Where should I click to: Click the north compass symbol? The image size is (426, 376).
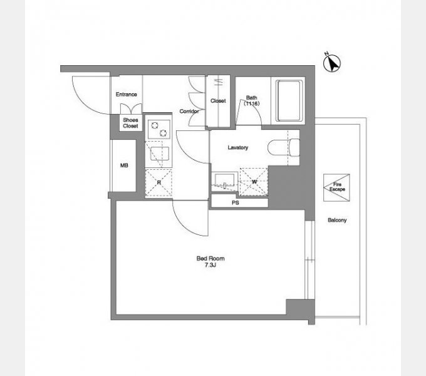click(332, 63)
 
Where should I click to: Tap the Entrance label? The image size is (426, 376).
click(126, 95)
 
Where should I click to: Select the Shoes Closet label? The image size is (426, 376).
click(130, 123)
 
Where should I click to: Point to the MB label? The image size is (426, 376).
click(124, 165)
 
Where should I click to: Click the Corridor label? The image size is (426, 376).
click(189, 112)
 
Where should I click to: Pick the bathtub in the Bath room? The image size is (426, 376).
click(289, 100)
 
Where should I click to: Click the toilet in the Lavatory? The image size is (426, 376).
click(284, 147)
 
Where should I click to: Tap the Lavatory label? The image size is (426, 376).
click(238, 147)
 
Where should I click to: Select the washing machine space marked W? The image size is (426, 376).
click(254, 182)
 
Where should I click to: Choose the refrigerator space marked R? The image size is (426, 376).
click(158, 182)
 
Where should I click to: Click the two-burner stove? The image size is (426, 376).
click(159, 129)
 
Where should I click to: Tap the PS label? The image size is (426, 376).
click(236, 202)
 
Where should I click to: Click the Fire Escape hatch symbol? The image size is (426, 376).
click(336, 187)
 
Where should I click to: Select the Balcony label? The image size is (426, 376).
click(337, 220)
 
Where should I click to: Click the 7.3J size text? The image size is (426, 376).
click(210, 265)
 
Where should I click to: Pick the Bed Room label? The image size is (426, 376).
click(210, 258)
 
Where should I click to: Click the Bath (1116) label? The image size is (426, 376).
click(252, 100)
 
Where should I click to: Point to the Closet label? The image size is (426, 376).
click(218, 101)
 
